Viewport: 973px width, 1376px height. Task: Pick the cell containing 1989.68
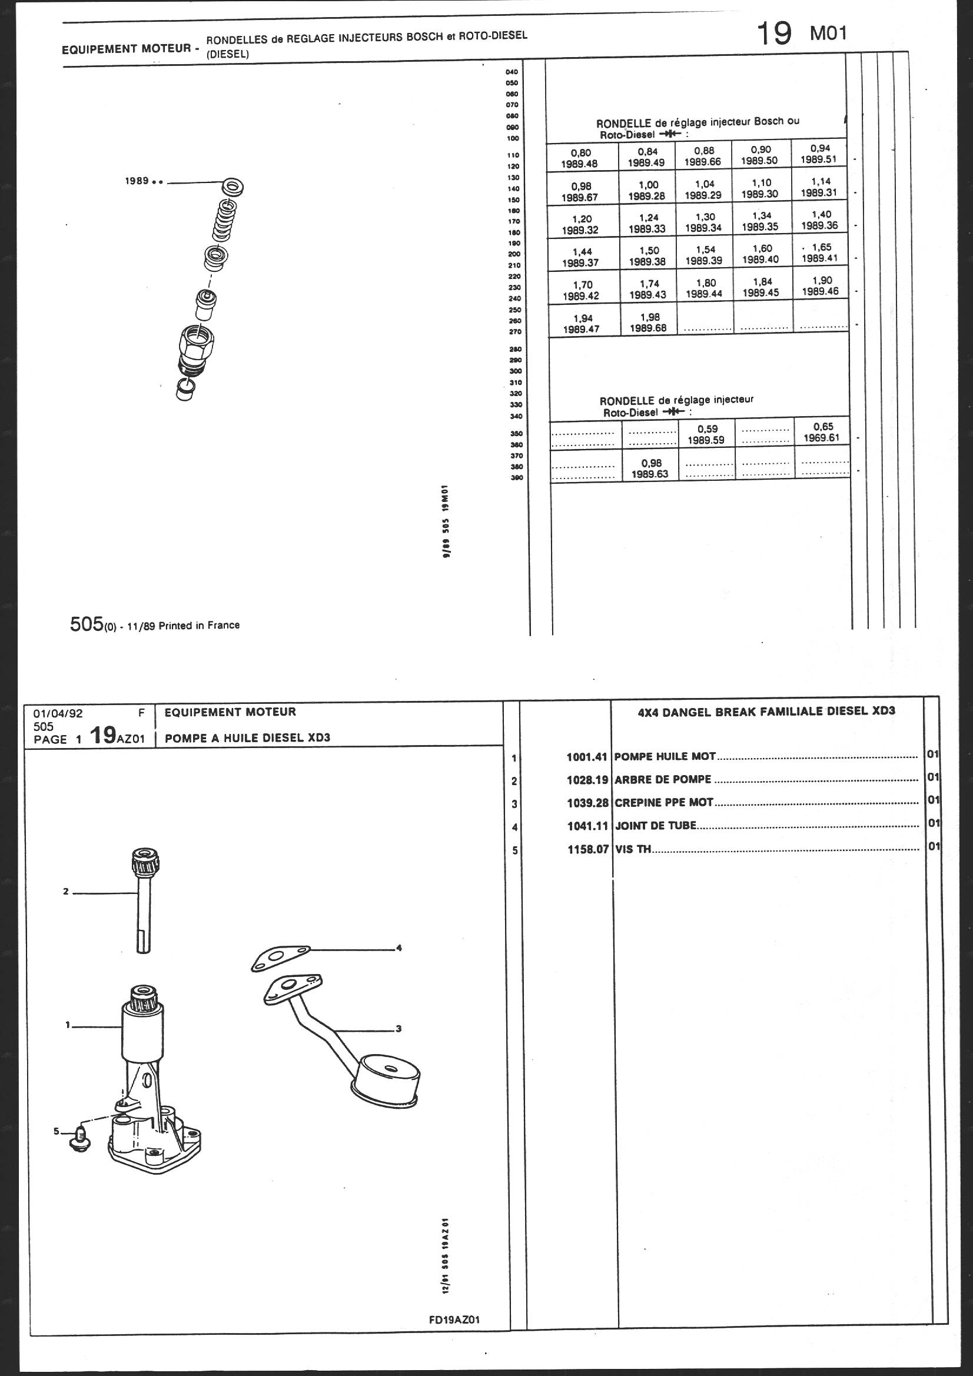[649, 323]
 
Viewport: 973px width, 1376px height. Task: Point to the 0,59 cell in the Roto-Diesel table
[706, 434]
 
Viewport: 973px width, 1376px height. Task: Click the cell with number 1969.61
[822, 432]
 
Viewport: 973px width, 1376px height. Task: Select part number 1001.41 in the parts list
[587, 757]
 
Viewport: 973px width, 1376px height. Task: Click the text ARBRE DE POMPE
[662, 780]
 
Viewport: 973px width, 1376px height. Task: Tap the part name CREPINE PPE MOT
[663, 802]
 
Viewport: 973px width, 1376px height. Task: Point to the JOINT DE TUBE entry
[656, 826]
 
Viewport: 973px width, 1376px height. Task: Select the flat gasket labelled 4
[281, 957]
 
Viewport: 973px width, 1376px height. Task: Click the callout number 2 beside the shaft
[66, 892]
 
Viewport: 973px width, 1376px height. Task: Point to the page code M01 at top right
[828, 34]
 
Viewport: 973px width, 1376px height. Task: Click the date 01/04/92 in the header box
[58, 714]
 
